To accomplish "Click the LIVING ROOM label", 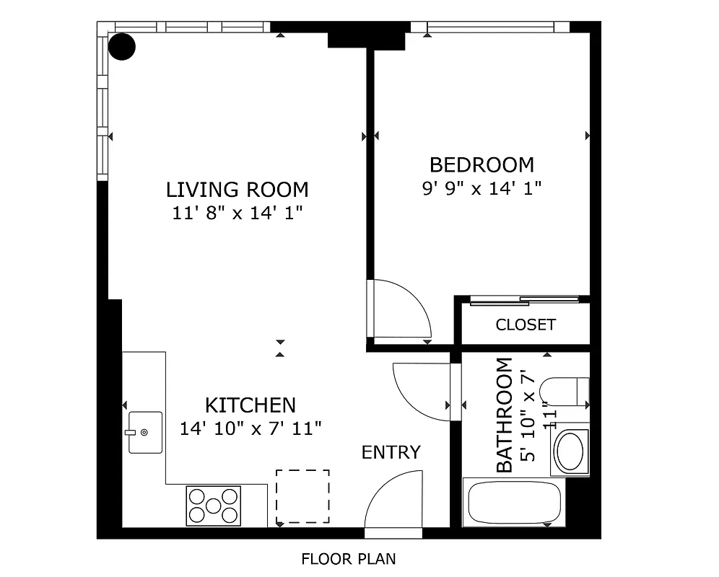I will click(x=237, y=190).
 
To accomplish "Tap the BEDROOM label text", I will click(x=481, y=165).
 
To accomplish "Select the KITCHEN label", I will click(x=250, y=405).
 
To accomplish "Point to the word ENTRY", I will click(x=391, y=453).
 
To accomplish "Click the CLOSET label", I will click(x=526, y=325).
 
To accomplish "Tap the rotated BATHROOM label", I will click(x=505, y=415).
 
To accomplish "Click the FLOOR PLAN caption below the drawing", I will click(x=348, y=559).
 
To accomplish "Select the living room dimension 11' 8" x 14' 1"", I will click(x=237, y=213).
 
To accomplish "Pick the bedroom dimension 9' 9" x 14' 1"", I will click(x=481, y=189).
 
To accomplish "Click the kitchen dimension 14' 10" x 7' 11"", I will click(x=250, y=428).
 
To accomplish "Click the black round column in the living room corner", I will click(x=121, y=46).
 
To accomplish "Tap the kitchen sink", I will click(x=145, y=432).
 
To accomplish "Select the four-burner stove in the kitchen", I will click(x=213, y=506).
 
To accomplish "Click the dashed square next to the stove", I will click(x=302, y=497).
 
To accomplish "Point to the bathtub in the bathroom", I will click(x=514, y=503).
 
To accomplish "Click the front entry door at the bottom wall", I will click(x=393, y=501).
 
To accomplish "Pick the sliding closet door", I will click(x=525, y=300).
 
